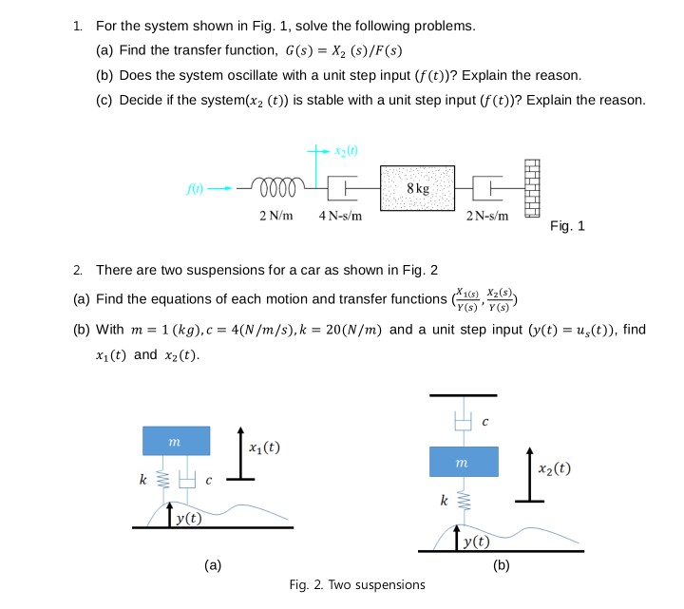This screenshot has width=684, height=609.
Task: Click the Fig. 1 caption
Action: tap(567, 226)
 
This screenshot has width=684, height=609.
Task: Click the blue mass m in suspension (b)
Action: tap(464, 461)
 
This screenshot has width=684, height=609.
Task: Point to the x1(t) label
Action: tap(263, 447)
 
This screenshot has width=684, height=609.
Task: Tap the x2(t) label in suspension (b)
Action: tap(555, 467)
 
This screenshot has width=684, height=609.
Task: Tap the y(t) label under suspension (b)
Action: tap(476, 542)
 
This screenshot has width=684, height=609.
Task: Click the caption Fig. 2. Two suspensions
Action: tap(357, 583)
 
